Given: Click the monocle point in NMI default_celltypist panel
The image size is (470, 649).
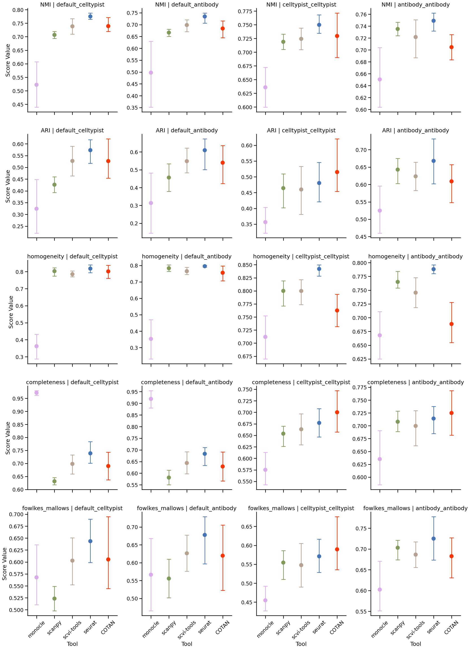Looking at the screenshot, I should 37,85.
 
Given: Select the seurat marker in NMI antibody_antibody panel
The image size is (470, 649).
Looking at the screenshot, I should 434,21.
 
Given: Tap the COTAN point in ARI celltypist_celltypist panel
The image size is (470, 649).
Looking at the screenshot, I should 337,172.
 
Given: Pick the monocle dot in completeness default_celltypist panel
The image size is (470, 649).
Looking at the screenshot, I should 37,393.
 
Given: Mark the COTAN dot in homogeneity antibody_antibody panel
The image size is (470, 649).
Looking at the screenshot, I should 452,324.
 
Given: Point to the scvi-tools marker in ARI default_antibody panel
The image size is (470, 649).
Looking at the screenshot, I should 187,161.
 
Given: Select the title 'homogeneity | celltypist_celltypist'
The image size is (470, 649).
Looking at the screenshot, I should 301,256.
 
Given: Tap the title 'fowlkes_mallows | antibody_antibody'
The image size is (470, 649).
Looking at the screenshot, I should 415,508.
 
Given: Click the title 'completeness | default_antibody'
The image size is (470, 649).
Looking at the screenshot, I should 187,382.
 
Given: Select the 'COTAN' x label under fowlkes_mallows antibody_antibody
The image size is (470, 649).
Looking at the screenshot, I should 451,627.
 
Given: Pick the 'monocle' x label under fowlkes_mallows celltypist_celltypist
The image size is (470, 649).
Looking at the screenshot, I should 265,629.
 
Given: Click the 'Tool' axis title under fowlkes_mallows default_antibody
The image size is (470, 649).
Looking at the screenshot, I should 187,644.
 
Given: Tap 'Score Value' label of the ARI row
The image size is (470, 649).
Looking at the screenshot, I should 8,186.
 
